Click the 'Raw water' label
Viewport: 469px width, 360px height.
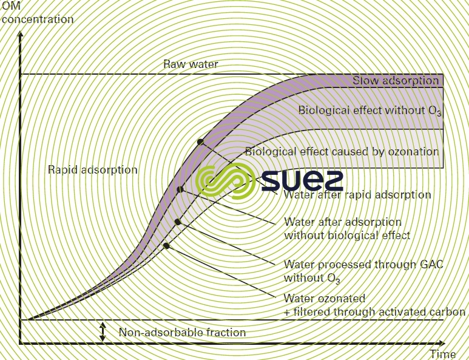coord(191,64)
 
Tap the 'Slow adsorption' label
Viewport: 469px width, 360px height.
coord(396,81)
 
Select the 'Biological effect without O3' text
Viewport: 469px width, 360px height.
coord(368,110)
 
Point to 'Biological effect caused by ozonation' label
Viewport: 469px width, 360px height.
coord(341,152)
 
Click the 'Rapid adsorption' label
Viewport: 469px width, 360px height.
coord(93,170)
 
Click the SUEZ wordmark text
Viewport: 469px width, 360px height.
coord(302,180)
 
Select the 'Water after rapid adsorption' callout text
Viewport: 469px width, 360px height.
coord(357,195)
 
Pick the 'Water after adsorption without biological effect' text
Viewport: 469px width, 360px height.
coord(347,228)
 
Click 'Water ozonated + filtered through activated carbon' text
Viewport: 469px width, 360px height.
coord(374,305)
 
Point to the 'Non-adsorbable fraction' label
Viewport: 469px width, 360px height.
coord(182,332)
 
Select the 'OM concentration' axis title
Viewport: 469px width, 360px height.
coord(37,13)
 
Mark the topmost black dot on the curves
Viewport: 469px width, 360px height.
coord(200,141)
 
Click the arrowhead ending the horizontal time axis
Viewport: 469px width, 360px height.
coord(464,344)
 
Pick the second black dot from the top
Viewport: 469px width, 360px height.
coord(180,190)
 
